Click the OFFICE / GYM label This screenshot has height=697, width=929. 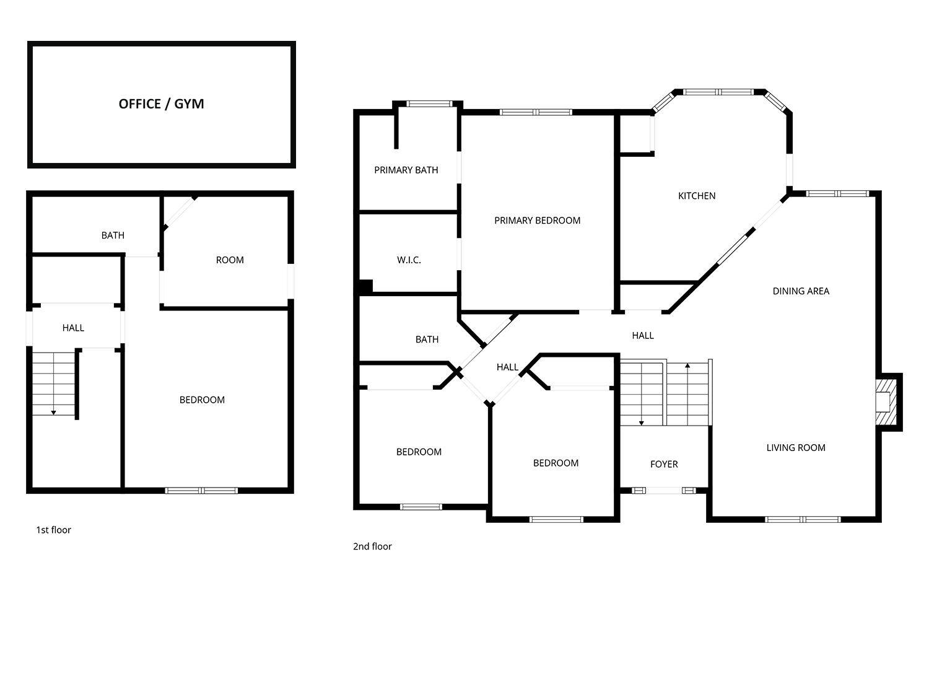(161, 104)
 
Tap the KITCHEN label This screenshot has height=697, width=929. (697, 196)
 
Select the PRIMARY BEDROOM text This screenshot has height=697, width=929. (537, 221)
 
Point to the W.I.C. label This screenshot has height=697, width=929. (409, 260)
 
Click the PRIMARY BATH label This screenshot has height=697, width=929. (406, 170)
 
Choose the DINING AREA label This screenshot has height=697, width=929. (801, 291)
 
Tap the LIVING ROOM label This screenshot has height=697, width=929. (796, 448)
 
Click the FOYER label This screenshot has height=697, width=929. (664, 464)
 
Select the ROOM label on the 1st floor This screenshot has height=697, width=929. (230, 260)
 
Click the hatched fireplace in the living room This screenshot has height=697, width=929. (886, 402)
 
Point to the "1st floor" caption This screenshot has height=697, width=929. (53, 530)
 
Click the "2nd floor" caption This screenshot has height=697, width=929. (372, 546)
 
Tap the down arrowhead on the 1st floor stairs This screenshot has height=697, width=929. (54, 413)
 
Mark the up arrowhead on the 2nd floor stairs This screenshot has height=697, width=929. (687, 365)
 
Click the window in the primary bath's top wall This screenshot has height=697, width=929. (430, 103)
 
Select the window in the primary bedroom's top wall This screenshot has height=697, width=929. (536, 112)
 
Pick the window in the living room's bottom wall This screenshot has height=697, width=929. (803, 519)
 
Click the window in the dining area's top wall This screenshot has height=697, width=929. (837, 194)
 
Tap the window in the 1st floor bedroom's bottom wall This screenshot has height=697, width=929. (201, 491)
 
